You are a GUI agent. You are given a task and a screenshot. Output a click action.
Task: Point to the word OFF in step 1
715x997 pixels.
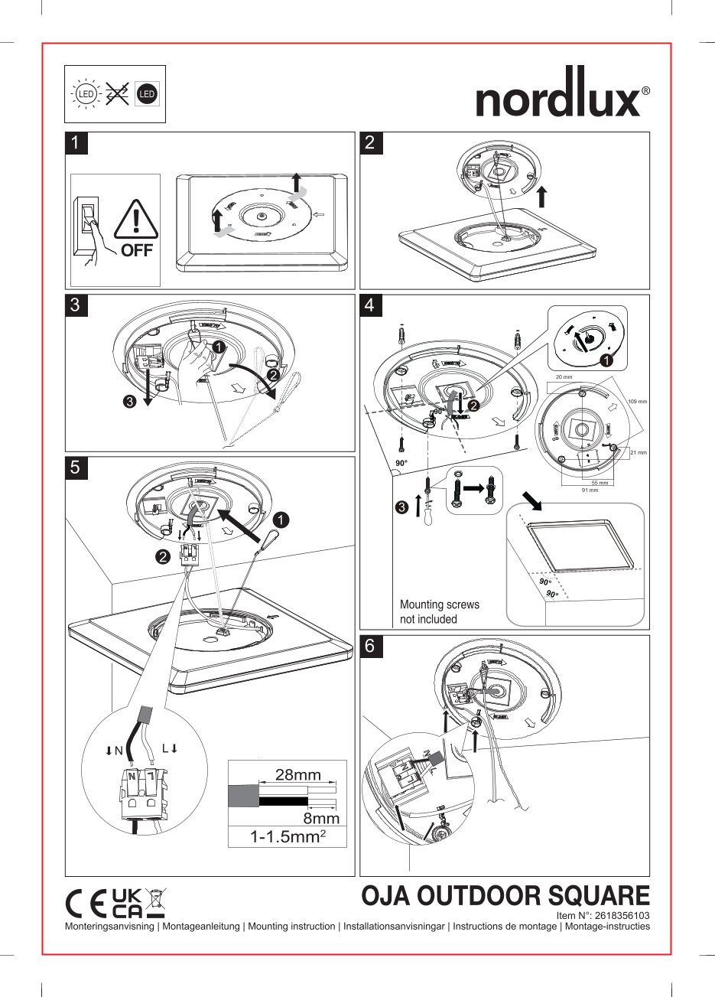tap(137, 250)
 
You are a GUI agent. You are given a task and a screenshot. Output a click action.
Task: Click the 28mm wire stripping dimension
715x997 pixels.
tap(297, 774)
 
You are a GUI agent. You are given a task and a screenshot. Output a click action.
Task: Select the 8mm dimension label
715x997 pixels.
tap(321, 819)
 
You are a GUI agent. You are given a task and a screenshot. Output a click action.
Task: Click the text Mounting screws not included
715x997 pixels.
tap(440, 612)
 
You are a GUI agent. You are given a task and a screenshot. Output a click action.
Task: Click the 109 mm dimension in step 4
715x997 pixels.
tap(637, 402)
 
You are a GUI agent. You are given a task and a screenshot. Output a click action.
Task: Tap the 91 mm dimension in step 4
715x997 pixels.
tap(589, 490)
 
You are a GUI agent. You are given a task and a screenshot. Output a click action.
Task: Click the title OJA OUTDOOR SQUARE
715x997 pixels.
tap(505, 895)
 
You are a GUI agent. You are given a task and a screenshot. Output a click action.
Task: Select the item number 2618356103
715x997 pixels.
tap(603, 915)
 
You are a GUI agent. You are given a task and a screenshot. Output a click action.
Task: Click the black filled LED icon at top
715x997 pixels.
tap(147, 94)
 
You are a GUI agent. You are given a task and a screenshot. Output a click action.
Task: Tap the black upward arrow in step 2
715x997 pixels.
tap(541, 196)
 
